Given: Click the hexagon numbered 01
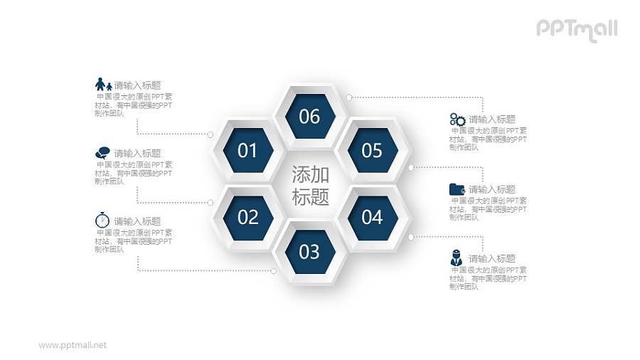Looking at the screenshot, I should click(x=247, y=151).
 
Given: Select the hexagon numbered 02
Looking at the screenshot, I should click(x=247, y=216).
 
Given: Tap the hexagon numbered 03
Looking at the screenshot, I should click(x=309, y=251).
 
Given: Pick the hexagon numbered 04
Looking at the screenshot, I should click(x=372, y=216).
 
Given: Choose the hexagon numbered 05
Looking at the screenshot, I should click(x=372, y=151).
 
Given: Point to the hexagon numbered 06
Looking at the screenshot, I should click(x=309, y=116).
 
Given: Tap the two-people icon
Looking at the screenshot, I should click(x=103, y=84).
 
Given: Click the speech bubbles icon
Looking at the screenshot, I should click(x=102, y=152).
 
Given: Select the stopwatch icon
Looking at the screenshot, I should click(x=102, y=220).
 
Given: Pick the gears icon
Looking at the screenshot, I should click(x=457, y=120).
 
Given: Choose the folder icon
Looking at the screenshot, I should click(x=457, y=189).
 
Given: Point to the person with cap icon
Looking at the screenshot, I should click(x=457, y=258).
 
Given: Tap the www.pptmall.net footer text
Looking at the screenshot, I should click(x=73, y=344).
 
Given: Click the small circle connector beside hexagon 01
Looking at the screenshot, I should click(x=210, y=134).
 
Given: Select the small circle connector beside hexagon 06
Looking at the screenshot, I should click(x=348, y=96).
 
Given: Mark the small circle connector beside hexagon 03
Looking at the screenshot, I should click(x=274, y=270).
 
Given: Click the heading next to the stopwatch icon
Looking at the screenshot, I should click(x=137, y=221).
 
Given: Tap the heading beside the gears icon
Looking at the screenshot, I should click(x=492, y=120).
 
